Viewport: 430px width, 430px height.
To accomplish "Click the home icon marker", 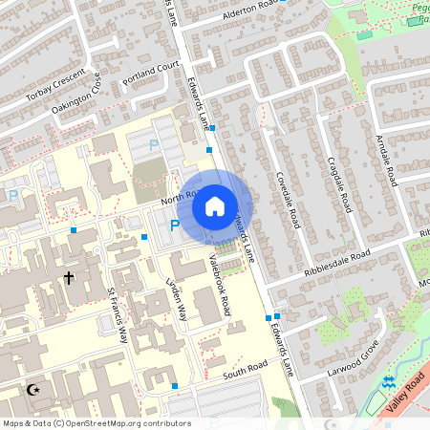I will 215,206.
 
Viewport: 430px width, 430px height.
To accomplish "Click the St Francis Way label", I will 118,314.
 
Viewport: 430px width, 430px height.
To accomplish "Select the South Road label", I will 246,370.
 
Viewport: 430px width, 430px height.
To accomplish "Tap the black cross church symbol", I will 68,278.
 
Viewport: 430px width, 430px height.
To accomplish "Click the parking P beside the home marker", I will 174,226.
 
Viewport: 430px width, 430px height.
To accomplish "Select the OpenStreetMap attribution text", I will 83,422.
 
